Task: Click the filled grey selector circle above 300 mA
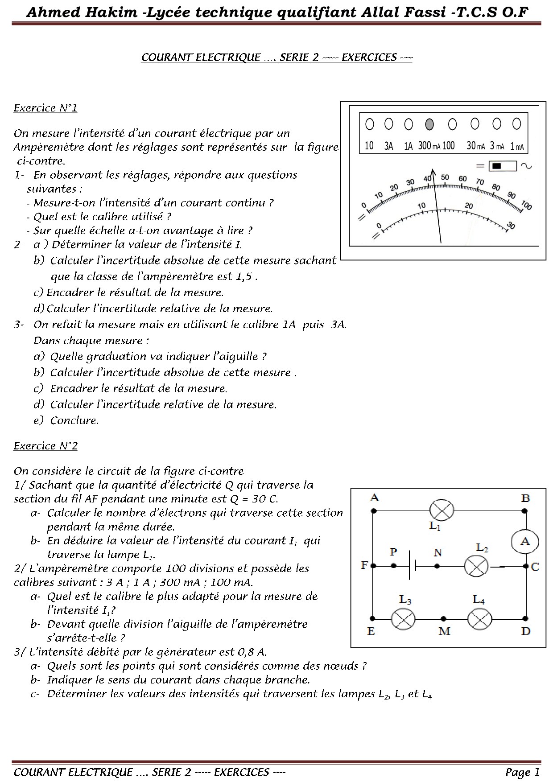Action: pyautogui.click(x=429, y=124)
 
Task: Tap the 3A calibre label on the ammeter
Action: pyautogui.click(x=389, y=146)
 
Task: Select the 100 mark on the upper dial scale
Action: pyautogui.click(x=526, y=206)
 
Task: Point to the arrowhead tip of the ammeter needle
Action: pyautogui.click(x=432, y=170)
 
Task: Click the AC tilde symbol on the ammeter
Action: pyautogui.click(x=526, y=166)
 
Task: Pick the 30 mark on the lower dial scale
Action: pyautogui.click(x=511, y=226)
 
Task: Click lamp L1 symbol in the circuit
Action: pyautogui.click(x=441, y=510)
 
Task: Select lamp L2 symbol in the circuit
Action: pyautogui.click(x=476, y=566)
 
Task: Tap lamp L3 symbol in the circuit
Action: pyautogui.click(x=403, y=618)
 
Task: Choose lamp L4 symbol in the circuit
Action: pyautogui.click(x=479, y=618)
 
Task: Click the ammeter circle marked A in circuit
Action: pyautogui.click(x=525, y=541)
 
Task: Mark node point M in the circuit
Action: pyautogui.click(x=443, y=618)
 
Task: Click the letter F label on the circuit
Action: pyautogui.click(x=364, y=566)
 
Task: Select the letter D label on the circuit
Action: pyautogui.click(x=526, y=631)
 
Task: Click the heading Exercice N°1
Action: pyautogui.click(x=45, y=108)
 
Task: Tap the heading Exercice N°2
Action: pyautogui.click(x=45, y=446)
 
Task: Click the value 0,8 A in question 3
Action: pyautogui.click(x=252, y=652)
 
